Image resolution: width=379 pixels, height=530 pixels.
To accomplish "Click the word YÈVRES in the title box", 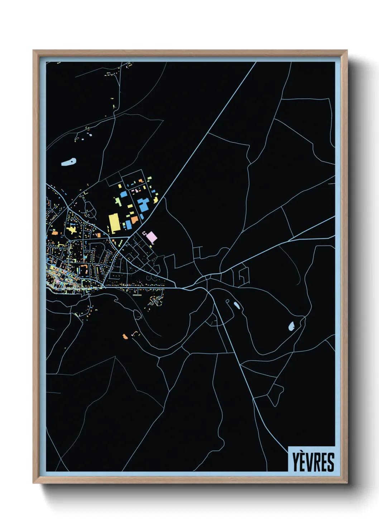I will click(x=313, y=462).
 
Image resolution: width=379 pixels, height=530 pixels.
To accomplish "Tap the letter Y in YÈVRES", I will click(x=296, y=462).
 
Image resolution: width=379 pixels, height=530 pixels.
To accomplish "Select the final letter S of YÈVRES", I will click(x=331, y=462).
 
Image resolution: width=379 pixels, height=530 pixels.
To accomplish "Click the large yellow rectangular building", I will click(x=114, y=222).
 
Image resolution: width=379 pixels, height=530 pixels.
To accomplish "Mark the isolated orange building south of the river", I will click(x=125, y=336).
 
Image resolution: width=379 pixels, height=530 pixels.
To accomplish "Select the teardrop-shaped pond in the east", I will click(x=292, y=326).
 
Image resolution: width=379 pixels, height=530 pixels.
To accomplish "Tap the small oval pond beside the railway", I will click(x=236, y=305).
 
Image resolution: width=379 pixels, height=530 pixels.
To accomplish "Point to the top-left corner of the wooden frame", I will click(x=33, y=50).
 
